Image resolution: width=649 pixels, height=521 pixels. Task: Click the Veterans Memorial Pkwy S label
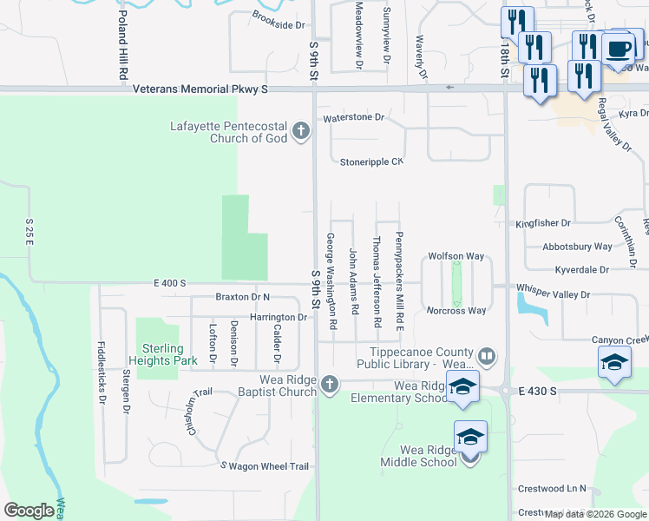pos(200,89)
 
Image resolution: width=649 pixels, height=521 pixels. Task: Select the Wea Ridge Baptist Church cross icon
pos(329,384)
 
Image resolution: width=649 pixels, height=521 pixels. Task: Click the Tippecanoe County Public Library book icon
pos(487,356)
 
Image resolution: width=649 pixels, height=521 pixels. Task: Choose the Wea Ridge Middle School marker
pos(470,438)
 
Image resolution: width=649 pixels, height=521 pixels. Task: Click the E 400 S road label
pos(170,283)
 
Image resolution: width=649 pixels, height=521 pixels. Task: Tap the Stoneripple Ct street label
pos(371,162)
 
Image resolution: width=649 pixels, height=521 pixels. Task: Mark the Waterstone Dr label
pos(353,117)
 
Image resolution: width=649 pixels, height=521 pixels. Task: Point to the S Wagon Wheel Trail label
pos(265,466)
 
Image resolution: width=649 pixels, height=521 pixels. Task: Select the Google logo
pos(29,510)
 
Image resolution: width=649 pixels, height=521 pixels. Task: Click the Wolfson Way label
pos(456,257)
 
